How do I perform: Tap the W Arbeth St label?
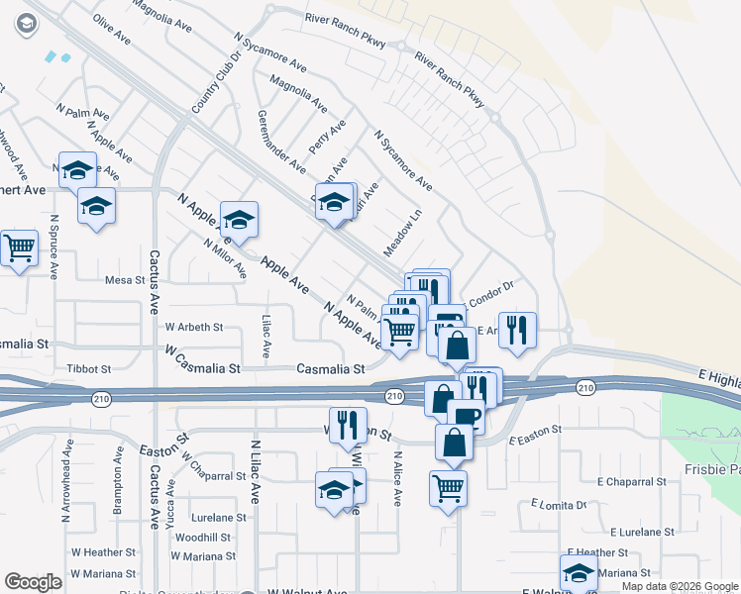194,326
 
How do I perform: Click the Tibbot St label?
89,368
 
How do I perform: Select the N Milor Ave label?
224,258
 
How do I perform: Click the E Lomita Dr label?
559,505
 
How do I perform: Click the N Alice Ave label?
396,480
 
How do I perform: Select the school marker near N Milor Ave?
239,220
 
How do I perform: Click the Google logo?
34,582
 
